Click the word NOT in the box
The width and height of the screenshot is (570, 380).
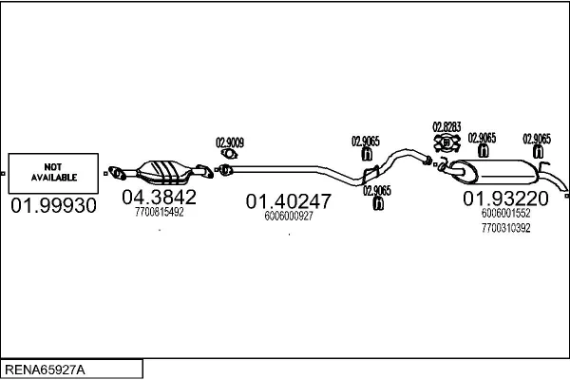point(52,167)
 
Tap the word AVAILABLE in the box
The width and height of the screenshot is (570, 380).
point(54,178)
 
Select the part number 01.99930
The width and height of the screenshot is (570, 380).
point(53,205)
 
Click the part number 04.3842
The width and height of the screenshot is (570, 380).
point(160,197)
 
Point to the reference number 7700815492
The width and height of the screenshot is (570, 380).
point(160,212)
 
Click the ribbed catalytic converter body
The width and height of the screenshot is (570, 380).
point(163,172)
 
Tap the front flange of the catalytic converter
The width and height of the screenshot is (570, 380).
point(117,173)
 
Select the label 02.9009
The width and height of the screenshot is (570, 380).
point(230,142)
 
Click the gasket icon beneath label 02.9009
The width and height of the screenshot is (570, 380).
point(229,154)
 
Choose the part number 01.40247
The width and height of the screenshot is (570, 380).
point(288,201)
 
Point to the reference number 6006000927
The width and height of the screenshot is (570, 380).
point(289,216)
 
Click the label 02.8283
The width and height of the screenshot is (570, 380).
point(446,127)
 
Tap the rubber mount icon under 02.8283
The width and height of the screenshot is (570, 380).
point(446,142)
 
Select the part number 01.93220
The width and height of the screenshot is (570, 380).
point(505,199)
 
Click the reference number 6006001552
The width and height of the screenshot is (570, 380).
point(505,213)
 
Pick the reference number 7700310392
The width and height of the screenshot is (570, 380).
point(505,228)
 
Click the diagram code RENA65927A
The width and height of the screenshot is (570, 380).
point(45,370)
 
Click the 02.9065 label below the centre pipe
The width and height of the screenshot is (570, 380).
point(377,191)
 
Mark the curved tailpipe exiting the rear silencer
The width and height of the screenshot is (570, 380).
point(553,180)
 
